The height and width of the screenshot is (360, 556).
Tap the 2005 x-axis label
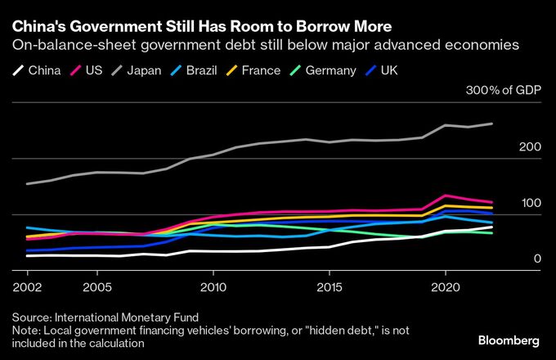[96, 287]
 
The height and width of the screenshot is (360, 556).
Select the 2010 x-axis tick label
[213, 287]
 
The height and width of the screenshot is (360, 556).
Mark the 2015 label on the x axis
[329, 287]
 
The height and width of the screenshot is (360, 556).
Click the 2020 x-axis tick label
[445, 287]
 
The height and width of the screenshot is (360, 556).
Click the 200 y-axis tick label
[530, 147]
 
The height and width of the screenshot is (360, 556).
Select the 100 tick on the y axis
[530, 203]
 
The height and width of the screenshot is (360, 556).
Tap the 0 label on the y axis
[537, 259]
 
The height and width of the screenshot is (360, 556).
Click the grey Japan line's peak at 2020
[445, 125]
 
